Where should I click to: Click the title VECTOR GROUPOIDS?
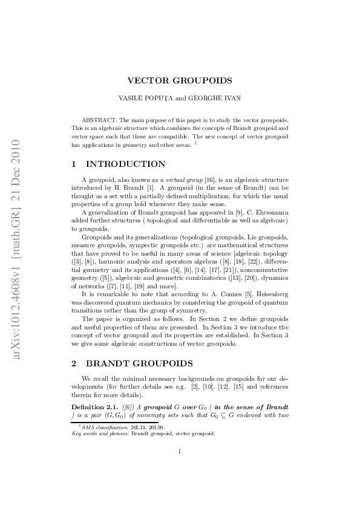tap(180, 80)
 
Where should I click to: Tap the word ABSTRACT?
tap(98, 121)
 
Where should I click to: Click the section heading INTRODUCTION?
tap(126, 164)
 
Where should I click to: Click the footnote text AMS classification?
tap(102, 427)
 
